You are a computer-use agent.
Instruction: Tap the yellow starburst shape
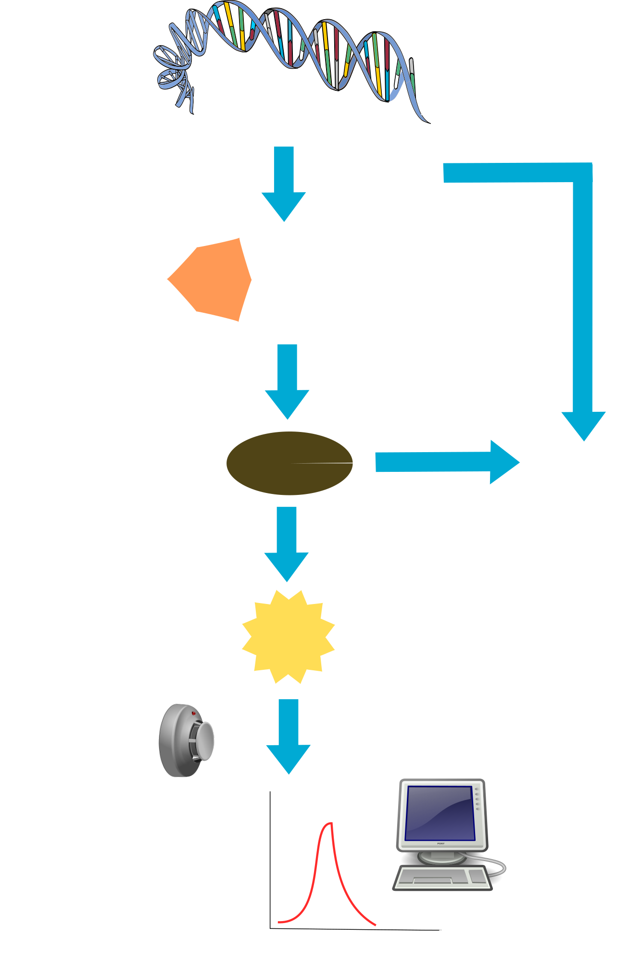(x=288, y=637)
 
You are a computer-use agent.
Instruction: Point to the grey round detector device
(x=185, y=740)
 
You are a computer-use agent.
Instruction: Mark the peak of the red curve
(x=330, y=824)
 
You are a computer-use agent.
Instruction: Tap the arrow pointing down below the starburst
(x=289, y=735)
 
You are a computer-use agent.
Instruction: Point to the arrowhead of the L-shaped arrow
(x=583, y=425)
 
